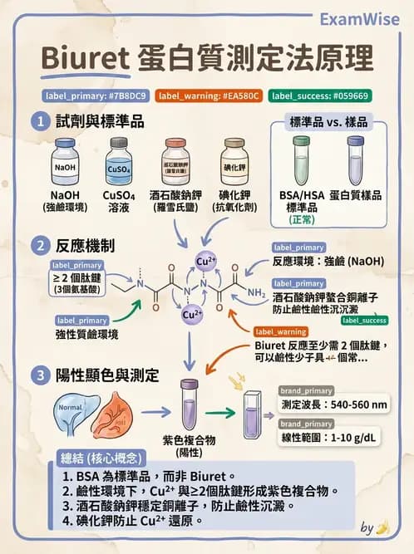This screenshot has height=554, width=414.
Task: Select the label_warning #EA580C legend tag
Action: pyautogui.click(x=209, y=96)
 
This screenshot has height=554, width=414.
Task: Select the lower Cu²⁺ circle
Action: pyautogui.click(x=192, y=315)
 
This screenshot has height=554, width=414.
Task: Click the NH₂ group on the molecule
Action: pyautogui.click(x=256, y=292)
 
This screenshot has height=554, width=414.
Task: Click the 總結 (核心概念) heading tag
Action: pyautogui.click(x=101, y=458)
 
